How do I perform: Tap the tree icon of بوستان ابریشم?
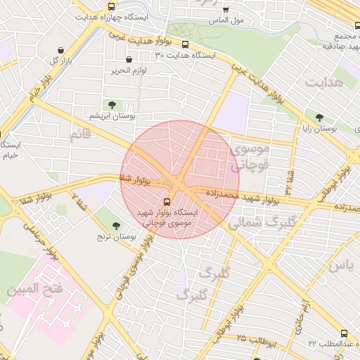[x=112, y=105]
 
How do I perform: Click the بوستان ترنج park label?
[x=117, y=238]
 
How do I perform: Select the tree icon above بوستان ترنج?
[x=117, y=226]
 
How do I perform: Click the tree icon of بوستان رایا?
[x=319, y=118]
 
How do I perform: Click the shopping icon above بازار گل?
[x=63, y=50]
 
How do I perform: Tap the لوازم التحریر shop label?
[x=127, y=70]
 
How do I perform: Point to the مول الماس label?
[x=226, y=20]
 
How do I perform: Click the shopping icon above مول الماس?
[x=225, y=10]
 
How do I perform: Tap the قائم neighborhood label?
[x=81, y=133]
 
